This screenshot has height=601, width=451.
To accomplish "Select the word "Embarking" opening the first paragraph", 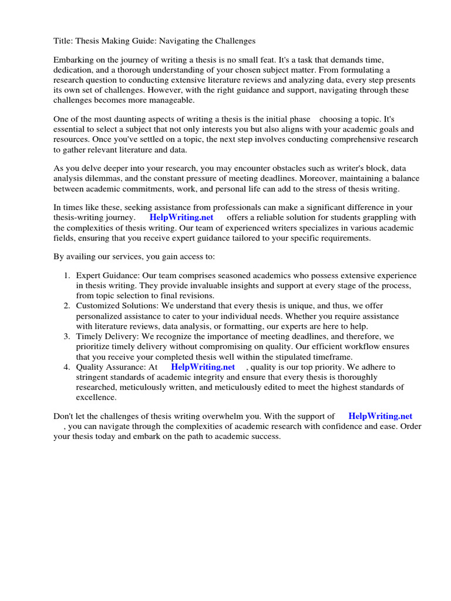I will click(x=73, y=60).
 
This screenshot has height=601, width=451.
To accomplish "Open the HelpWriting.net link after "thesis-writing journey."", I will click(x=181, y=217).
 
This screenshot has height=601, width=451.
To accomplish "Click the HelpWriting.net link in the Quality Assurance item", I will click(x=203, y=367).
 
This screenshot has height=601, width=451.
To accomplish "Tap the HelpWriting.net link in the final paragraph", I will click(x=381, y=416).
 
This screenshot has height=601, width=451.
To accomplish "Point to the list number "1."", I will click(x=67, y=275).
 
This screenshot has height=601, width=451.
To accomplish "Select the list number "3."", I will click(x=67, y=336).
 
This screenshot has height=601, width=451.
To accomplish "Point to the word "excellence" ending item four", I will click(x=96, y=397).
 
